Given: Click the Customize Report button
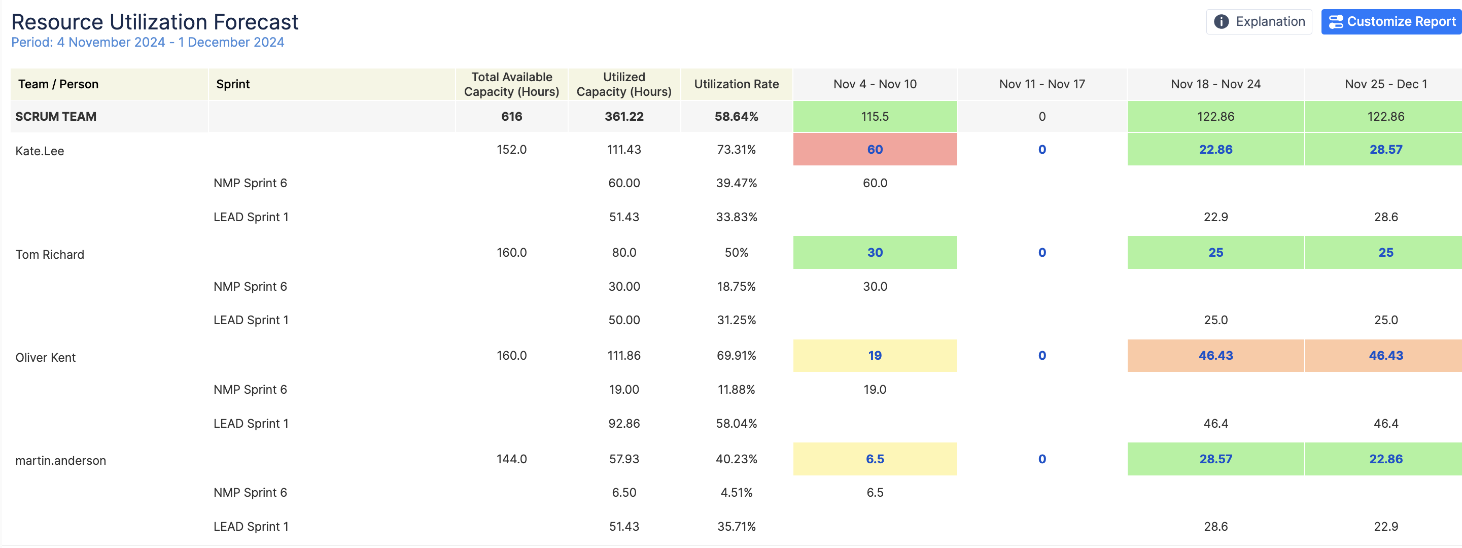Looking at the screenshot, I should point(1392,22).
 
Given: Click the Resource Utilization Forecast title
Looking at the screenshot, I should point(154,22).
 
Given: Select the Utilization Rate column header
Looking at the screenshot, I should point(736,84).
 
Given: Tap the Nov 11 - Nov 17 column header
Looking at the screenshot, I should point(1041,84).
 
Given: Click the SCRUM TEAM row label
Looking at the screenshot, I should point(56,116).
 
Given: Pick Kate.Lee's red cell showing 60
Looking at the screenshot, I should point(875,149).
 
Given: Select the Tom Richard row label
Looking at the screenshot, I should point(50,254).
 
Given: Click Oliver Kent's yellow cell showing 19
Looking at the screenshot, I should point(875,356).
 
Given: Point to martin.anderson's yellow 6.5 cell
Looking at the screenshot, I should point(875,459).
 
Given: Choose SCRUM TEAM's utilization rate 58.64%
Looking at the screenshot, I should point(736,116).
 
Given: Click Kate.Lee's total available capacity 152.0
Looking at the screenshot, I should point(511,149).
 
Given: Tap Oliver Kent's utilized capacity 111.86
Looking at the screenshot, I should point(624,356).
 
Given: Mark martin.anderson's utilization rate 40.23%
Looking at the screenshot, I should point(736,459).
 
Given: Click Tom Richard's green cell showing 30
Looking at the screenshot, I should point(875,253).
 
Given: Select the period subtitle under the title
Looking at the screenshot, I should point(148,43).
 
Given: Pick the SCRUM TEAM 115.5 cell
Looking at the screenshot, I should point(875,116).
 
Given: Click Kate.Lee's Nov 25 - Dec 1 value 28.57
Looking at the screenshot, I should point(1385,149).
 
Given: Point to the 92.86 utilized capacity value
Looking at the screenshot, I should point(624,424).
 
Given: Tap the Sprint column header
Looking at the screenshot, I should point(233,84).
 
